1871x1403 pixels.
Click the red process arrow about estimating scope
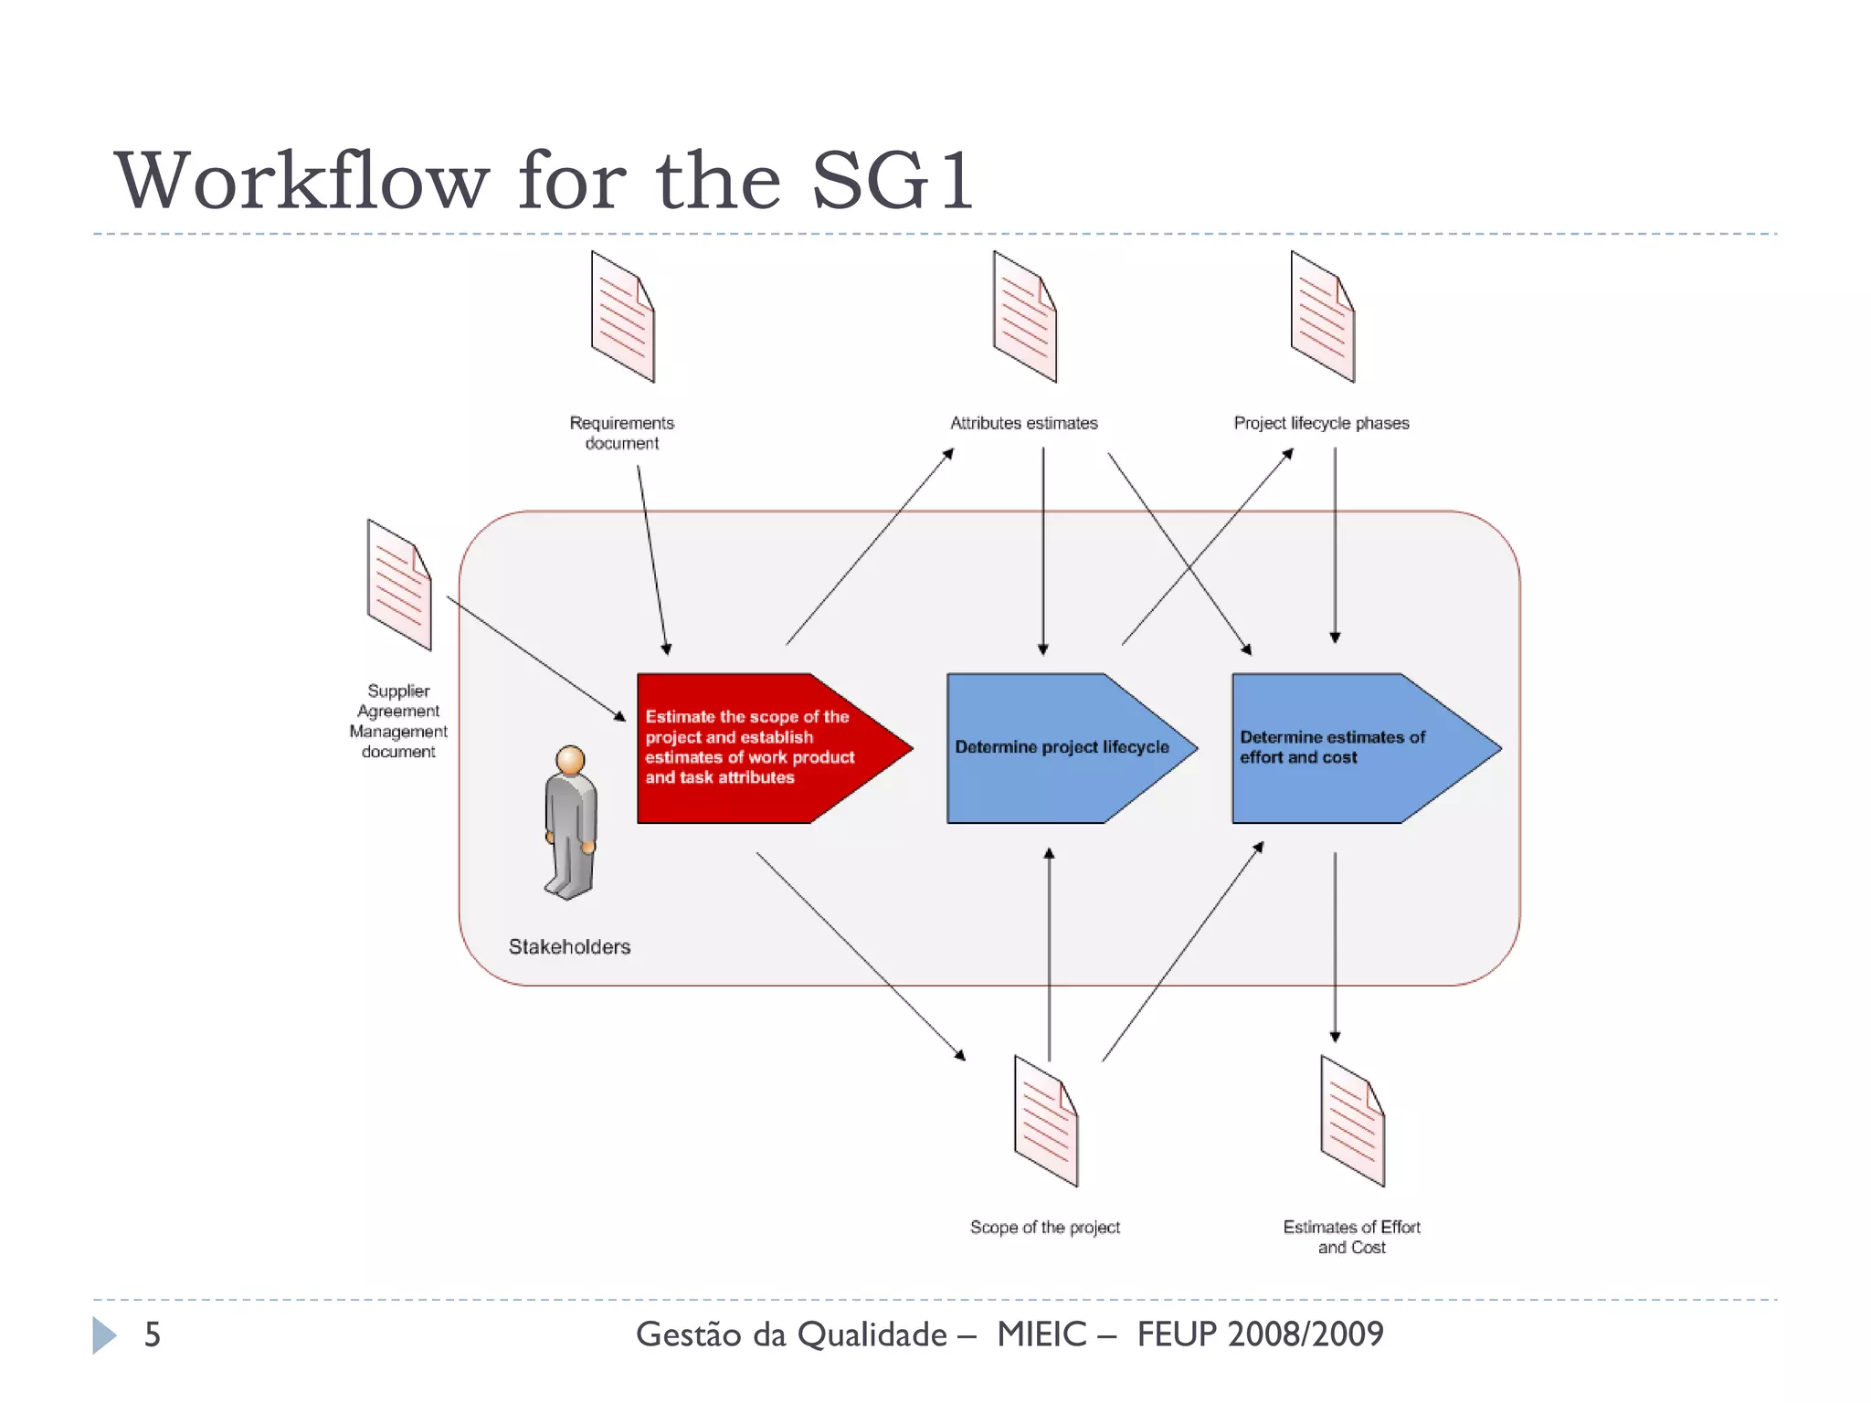pyautogui.click(x=749, y=748)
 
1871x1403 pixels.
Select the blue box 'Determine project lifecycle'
pyautogui.click(x=1060, y=748)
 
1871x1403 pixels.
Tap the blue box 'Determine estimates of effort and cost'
pyautogui.click(x=1343, y=748)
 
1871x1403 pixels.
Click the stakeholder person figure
pyautogui.click(x=571, y=822)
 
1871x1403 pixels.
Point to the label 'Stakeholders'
pyautogui.click(x=569, y=947)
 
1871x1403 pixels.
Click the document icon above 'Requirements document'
pyautogui.click(x=622, y=316)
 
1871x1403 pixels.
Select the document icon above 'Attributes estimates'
pyautogui.click(x=1024, y=316)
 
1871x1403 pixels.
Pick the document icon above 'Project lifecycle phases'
pyautogui.click(x=1322, y=316)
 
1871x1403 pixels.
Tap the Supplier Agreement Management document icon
pyautogui.click(x=398, y=585)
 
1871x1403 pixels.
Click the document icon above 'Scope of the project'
pyautogui.click(x=1045, y=1121)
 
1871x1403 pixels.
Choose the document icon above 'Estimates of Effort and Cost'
pyautogui.click(x=1352, y=1121)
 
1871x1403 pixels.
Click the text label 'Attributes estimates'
pyautogui.click(x=1023, y=423)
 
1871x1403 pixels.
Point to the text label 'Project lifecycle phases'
pyautogui.click(x=1321, y=423)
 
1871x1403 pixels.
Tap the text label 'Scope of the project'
pyautogui.click(x=1044, y=1228)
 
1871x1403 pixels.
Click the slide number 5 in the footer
pyautogui.click(x=153, y=1334)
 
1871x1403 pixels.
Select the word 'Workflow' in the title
pyautogui.click(x=301, y=181)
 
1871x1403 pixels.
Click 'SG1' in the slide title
pyautogui.click(x=892, y=181)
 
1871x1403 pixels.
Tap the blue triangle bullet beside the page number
pyautogui.click(x=104, y=1335)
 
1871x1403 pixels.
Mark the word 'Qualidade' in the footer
pyautogui.click(x=872, y=1335)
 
